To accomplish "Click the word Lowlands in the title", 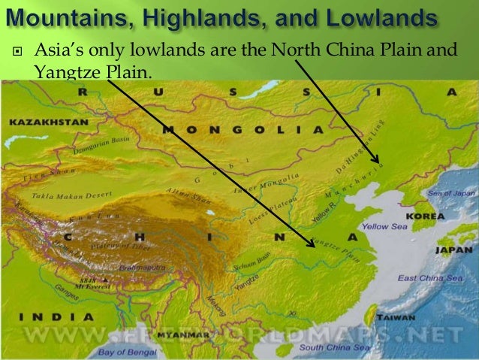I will coord(383,16).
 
